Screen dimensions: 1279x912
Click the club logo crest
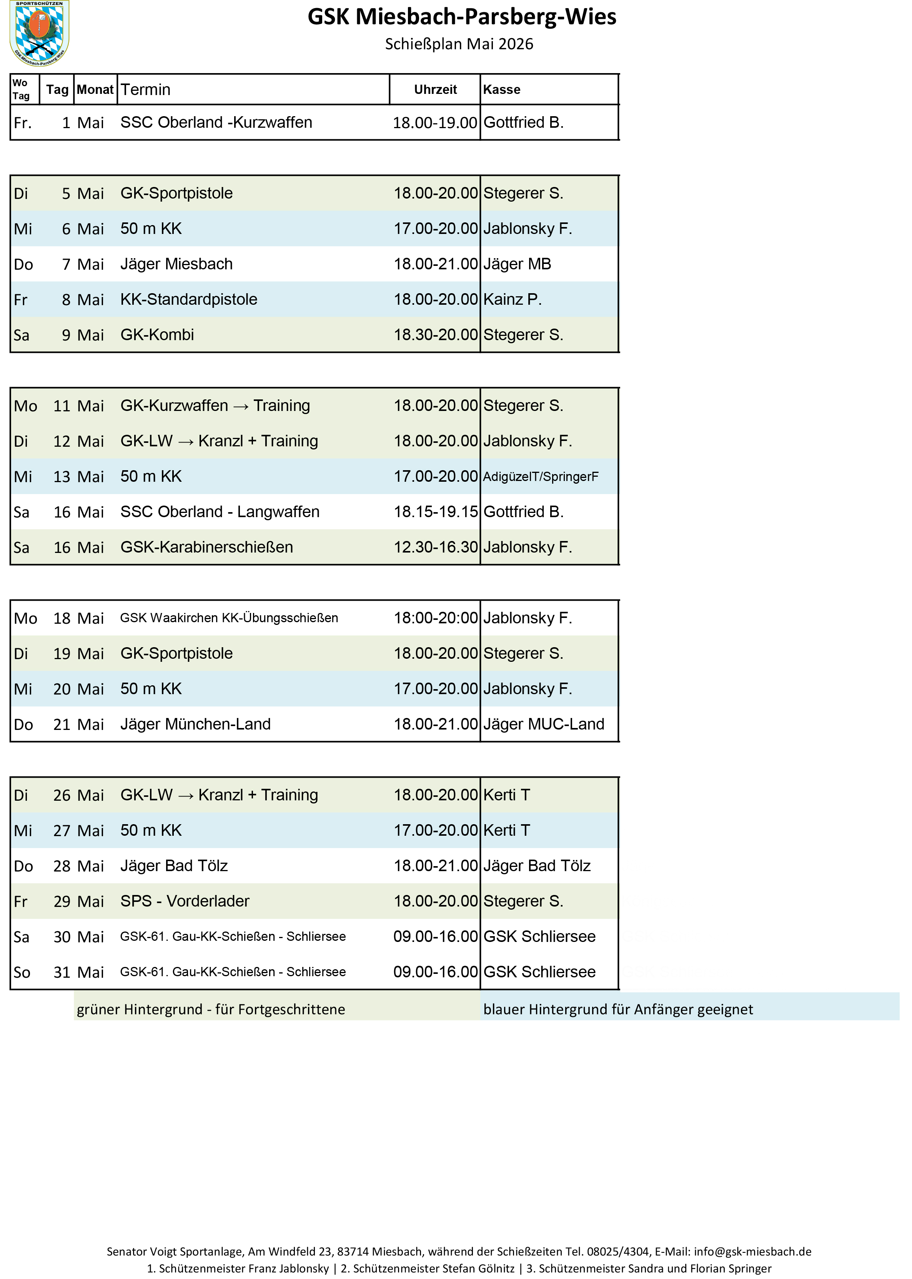coord(39,33)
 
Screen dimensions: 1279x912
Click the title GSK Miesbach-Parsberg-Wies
coord(462,17)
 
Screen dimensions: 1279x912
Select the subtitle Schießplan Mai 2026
coord(459,44)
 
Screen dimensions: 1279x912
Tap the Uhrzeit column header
coord(435,89)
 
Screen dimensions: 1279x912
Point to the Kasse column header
coord(501,89)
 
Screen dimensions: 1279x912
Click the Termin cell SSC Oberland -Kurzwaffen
coord(216,122)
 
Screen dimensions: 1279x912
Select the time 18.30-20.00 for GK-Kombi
coord(435,335)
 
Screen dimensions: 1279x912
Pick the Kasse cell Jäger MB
coord(517,264)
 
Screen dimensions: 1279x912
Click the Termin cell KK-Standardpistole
coord(189,299)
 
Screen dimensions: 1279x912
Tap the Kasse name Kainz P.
coord(512,299)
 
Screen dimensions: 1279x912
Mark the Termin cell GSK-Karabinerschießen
coord(206,547)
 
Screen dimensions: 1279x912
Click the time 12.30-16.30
coord(435,547)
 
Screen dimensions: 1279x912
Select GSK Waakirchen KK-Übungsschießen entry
coord(229,618)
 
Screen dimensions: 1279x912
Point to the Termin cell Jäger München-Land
coord(195,725)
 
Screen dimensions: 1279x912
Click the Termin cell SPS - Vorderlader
coord(185,902)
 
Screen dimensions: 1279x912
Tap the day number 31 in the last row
coord(62,972)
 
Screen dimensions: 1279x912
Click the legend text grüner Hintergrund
coord(211,1010)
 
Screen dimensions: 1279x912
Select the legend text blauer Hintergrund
coord(618,1010)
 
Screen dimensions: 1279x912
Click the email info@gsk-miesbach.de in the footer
coord(752,1251)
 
